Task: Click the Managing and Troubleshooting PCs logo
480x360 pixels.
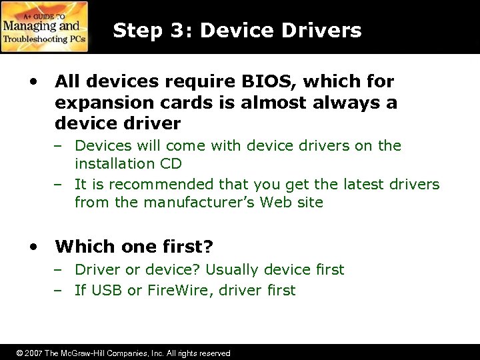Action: (x=44, y=27)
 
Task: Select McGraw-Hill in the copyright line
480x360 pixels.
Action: (x=83, y=353)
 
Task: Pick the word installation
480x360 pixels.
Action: (x=113, y=163)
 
